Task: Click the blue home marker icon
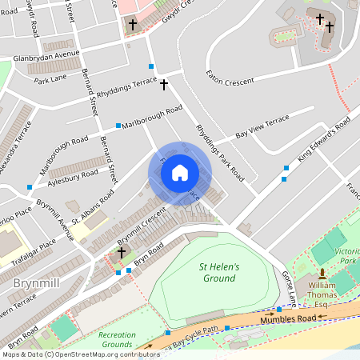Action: [180, 172]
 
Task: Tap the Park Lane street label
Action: [50, 80]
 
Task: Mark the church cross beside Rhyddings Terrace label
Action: [164, 83]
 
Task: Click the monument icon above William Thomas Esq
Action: [322, 273]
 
